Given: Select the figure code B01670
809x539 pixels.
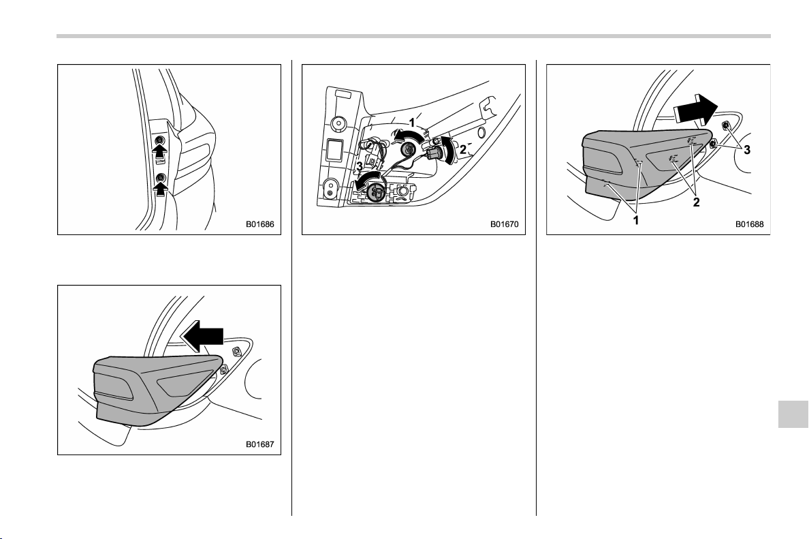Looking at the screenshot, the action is click(504, 225).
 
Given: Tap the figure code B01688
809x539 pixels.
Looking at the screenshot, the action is click(750, 225).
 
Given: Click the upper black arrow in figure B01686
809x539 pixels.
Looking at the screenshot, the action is click(161, 151).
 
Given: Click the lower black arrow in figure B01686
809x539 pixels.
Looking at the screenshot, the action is click(161, 189).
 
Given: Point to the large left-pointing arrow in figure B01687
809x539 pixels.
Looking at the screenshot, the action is click(202, 335).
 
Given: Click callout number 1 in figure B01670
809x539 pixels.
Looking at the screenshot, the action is click(412, 123).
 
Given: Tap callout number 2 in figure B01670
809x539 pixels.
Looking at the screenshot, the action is click(463, 149).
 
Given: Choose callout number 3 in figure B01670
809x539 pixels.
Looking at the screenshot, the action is click(359, 167).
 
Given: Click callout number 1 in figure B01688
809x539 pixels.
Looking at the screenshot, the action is click(635, 221).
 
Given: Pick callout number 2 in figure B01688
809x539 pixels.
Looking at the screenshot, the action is click(696, 202).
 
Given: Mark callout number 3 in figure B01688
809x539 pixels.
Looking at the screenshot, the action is click(746, 150).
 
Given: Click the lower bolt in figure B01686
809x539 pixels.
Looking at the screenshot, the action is click(161, 178).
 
